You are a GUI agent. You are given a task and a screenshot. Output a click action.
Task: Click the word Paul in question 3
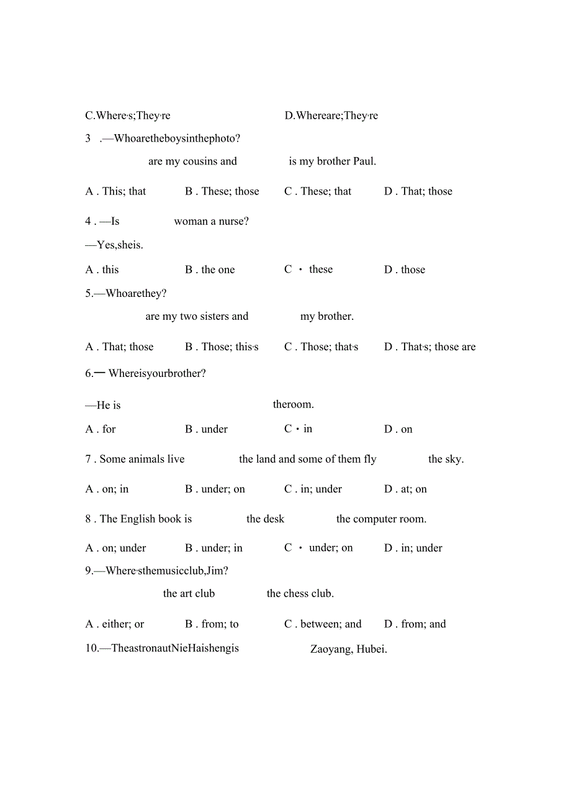[x=364, y=161]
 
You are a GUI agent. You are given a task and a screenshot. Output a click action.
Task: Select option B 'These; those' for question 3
[x=222, y=191]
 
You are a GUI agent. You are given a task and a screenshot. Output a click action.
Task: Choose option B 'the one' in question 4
[x=210, y=270]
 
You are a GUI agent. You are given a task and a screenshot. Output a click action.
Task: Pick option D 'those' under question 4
[x=405, y=270]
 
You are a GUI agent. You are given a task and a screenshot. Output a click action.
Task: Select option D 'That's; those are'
[x=430, y=347]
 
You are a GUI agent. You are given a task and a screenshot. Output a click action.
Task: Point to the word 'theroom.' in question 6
[x=293, y=404]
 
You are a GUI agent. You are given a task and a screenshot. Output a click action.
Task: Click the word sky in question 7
[x=454, y=459]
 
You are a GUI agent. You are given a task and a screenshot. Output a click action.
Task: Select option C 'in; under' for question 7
[x=313, y=489]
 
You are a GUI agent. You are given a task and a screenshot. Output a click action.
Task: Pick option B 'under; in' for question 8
[x=214, y=548]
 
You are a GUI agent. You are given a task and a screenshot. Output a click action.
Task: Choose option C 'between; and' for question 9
[x=323, y=624]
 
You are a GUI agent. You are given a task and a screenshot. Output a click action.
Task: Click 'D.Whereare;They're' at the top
[x=331, y=116]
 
